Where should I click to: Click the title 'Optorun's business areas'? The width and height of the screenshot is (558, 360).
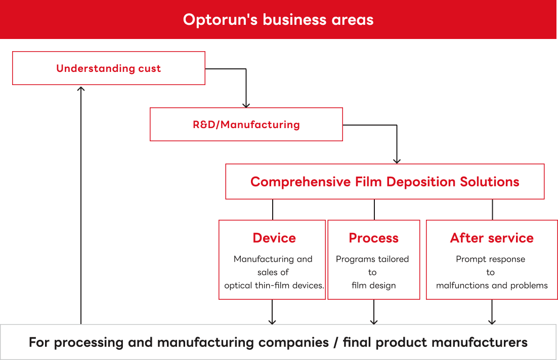278,20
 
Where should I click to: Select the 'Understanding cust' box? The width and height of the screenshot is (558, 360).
108,68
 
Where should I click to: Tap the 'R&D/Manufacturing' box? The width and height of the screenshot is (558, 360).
246,125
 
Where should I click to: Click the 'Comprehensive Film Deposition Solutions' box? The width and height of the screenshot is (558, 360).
384,182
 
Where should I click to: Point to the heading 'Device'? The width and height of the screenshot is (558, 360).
274,238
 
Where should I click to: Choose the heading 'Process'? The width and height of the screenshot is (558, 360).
373,238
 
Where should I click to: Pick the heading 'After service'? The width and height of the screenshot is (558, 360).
492,238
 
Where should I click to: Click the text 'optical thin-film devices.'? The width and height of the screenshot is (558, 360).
274,286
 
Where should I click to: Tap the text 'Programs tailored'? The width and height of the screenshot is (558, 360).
372,259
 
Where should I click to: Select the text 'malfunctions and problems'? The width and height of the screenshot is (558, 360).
492,286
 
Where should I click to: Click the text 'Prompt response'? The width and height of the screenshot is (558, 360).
490,259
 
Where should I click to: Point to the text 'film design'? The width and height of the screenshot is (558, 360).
373,286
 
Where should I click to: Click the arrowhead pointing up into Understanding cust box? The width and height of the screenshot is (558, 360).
81,89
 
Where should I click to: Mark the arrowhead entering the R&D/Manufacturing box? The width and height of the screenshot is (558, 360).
246,105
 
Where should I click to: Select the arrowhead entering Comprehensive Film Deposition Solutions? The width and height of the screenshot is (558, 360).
397,161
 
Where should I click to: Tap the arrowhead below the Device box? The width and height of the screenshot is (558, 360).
273,322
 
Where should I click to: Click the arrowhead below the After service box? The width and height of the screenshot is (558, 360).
492,322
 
